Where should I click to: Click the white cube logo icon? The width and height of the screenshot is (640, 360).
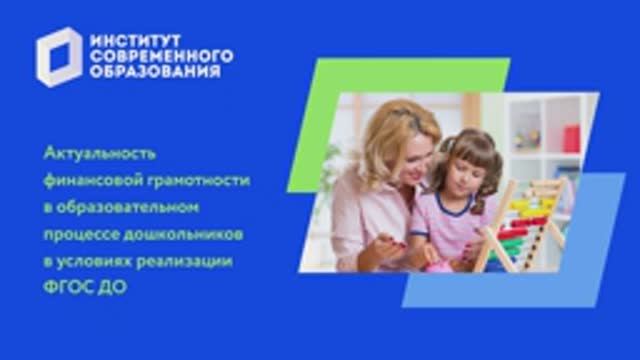(x=59, y=61)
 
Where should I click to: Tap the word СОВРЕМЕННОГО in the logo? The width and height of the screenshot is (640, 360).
(x=161, y=56)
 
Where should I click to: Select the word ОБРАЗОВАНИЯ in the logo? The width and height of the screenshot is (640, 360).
(x=154, y=73)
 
